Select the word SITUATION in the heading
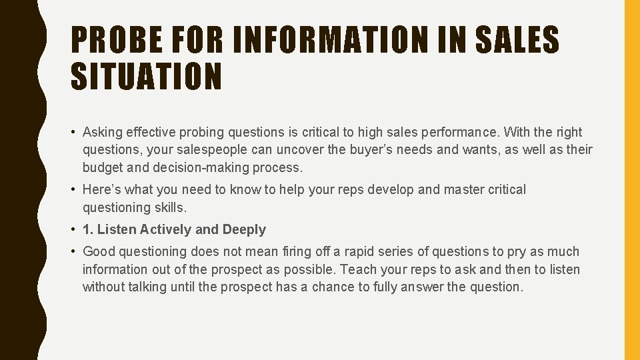[145, 75]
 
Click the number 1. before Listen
[87, 229]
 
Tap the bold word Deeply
[244, 229]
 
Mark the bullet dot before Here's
[73, 189]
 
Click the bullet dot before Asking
[73, 132]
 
